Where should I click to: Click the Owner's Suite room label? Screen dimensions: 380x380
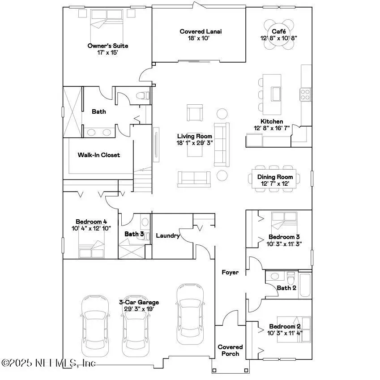(107, 46)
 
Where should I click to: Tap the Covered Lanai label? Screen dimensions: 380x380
(201, 31)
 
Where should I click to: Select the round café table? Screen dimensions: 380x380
(276, 27)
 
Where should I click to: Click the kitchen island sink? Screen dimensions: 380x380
(276, 94)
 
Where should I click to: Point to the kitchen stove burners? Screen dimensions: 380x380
(305, 94)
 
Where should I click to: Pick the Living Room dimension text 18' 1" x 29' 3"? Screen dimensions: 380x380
(195, 143)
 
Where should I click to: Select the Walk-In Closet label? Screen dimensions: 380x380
(99, 155)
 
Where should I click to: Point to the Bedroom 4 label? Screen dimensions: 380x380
(91, 221)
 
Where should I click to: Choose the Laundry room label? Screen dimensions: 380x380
(168, 235)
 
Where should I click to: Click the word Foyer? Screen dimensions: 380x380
(230, 272)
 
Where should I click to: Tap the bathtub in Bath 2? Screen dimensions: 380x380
(305, 285)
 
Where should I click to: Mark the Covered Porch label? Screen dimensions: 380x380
(230, 350)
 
